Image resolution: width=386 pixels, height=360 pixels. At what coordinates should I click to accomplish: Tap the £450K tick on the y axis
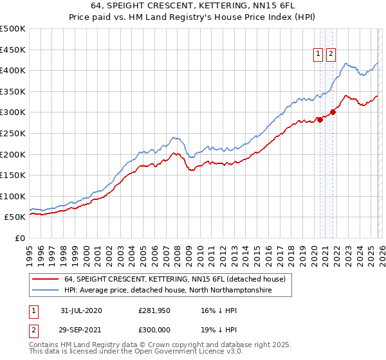click(x=13, y=50)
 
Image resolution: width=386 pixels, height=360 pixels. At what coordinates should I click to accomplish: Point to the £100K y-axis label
click(x=13, y=196)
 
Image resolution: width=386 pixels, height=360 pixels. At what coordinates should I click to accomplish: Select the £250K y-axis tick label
click(x=13, y=133)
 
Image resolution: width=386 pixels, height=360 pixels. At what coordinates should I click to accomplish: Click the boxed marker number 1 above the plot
click(x=318, y=55)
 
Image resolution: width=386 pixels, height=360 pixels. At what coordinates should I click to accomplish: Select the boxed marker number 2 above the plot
click(x=331, y=55)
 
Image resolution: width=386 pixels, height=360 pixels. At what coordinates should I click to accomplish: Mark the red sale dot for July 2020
click(x=319, y=120)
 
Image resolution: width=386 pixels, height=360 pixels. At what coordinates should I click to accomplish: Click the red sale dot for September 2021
click(x=333, y=112)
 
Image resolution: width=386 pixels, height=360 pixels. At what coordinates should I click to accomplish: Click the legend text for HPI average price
click(x=169, y=291)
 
